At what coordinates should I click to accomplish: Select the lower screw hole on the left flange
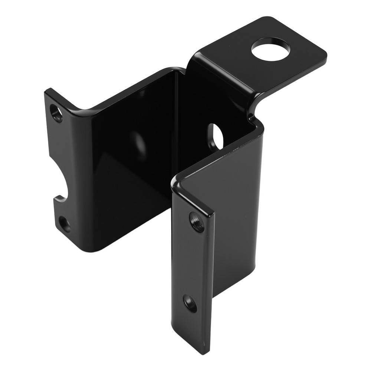point(65,224)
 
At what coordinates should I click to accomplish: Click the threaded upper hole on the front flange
point(196,221)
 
